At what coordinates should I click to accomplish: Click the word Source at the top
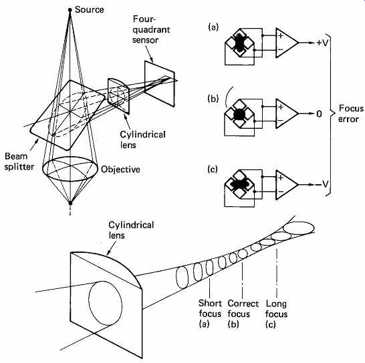(x=89, y=10)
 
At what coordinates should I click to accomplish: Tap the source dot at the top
(x=70, y=10)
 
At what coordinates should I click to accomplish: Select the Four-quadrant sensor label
(x=151, y=29)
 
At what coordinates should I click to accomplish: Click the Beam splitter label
(x=19, y=161)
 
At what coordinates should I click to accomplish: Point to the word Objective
(x=120, y=169)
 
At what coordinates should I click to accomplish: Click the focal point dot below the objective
(x=70, y=203)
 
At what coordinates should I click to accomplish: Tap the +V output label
(x=322, y=43)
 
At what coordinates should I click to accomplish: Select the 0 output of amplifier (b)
(x=319, y=114)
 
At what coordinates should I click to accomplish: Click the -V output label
(x=322, y=184)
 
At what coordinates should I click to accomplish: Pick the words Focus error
(x=350, y=113)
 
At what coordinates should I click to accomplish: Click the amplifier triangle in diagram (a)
(x=287, y=43)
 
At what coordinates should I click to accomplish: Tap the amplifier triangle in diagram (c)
(x=287, y=185)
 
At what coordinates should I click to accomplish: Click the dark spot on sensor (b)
(x=239, y=114)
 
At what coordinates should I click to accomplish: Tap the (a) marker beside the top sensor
(x=213, y=27)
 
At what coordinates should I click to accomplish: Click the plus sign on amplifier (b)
(x=281, y=107)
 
